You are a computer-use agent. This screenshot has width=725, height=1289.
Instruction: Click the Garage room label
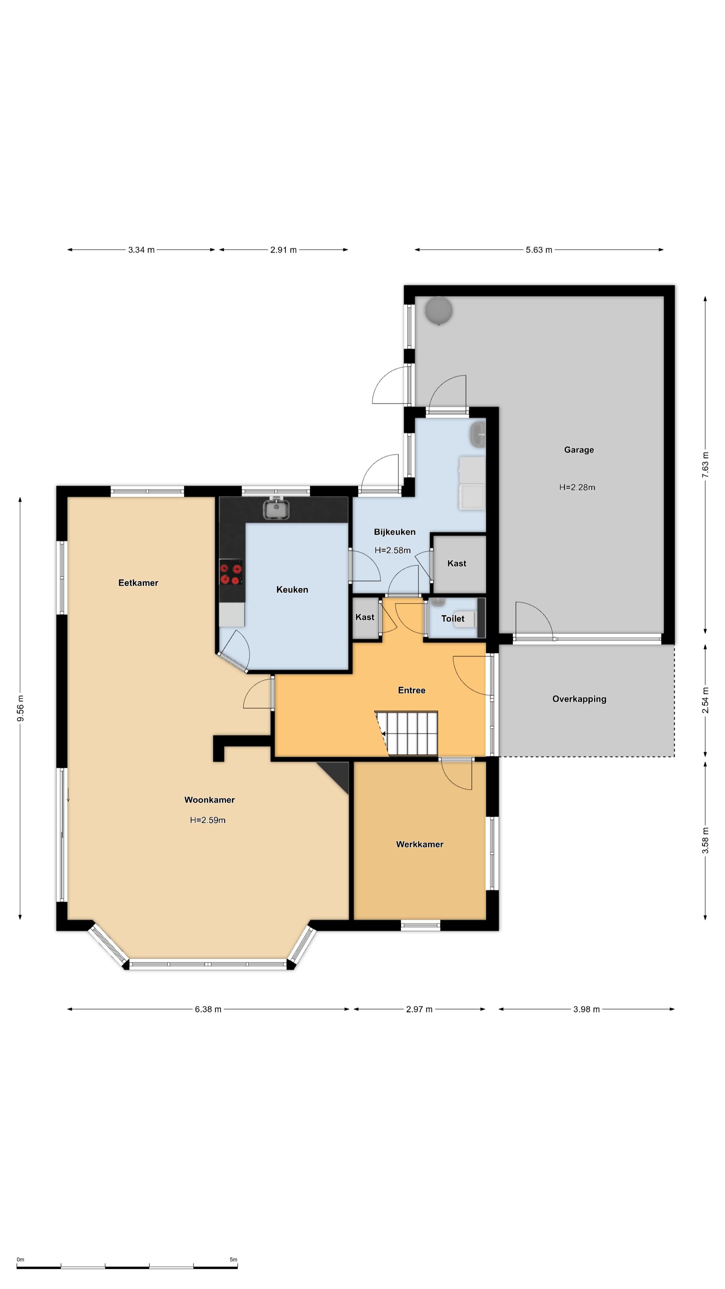coord(579,450)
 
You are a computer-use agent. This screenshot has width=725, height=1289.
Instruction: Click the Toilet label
coord(453,618)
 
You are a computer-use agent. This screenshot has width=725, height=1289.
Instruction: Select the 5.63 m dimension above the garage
coord(539,250)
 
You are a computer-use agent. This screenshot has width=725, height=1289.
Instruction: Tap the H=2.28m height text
coord(577,487)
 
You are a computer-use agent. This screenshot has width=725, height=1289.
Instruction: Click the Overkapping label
coord(579,699)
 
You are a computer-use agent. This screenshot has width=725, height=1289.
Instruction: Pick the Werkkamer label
coord(420,844)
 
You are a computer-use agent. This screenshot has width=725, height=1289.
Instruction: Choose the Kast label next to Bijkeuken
coord(457,564)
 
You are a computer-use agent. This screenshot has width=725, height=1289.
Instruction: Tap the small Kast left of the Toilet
coord(365,617)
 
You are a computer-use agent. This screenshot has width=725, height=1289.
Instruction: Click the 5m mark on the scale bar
coord(234,1259)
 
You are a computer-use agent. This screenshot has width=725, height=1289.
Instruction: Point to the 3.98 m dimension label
coord(586,1009)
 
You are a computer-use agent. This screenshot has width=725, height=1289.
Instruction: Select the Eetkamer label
coord(138,583)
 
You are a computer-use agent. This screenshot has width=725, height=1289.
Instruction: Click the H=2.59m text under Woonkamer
coord(208,820)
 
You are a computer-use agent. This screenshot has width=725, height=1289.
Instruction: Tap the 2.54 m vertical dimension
coord(706,700)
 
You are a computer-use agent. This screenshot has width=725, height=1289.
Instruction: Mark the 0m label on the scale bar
coord(20,1259)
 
